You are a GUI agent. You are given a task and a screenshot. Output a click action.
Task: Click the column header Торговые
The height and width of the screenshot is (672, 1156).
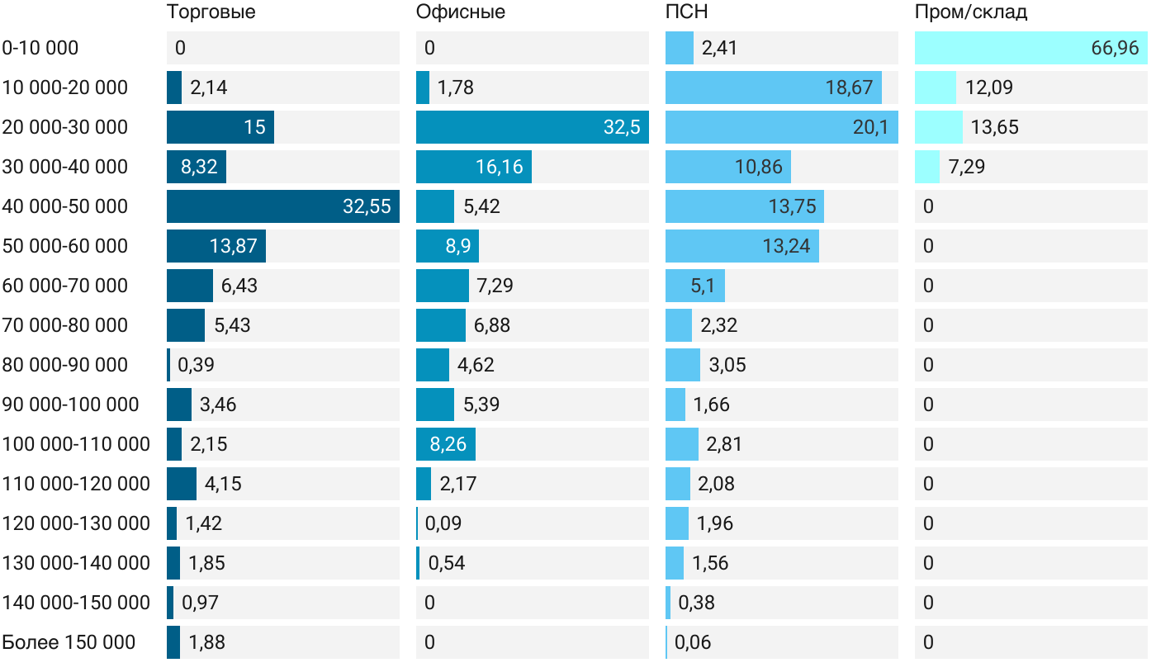pos(211,12)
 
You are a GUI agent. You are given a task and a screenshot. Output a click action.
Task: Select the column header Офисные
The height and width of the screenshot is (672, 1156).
pos(460,12)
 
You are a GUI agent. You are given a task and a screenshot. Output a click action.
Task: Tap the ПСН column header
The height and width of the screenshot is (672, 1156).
pos(687,12)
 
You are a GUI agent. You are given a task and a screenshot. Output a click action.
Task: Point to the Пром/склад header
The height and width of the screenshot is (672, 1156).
pos(971,12)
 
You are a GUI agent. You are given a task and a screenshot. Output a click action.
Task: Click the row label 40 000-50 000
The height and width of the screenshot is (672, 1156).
pos(65,206)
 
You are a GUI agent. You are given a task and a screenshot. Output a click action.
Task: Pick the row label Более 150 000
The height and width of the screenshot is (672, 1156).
pos(69,642)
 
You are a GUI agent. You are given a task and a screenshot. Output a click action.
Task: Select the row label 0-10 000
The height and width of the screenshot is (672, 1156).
pos(40,48)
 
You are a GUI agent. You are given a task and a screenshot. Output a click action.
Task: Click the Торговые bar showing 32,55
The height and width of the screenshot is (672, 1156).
pos(282,206)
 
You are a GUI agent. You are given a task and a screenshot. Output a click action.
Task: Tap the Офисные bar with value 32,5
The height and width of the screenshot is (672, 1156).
pos(532,127)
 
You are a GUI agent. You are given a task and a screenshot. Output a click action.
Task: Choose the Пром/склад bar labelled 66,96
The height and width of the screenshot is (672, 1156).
pos(1030,48)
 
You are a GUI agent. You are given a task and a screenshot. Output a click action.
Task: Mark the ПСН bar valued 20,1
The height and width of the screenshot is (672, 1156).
pos(781,127)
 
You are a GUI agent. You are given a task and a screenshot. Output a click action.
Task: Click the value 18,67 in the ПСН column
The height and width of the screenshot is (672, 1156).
pos(848,88)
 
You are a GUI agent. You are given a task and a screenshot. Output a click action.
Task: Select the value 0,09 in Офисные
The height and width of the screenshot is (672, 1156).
pos(443,523)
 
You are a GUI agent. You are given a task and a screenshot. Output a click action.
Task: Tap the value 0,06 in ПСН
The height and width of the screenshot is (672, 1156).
pos(693,642)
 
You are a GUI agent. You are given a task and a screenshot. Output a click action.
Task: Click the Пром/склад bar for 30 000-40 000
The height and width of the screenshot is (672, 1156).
pos(927,167)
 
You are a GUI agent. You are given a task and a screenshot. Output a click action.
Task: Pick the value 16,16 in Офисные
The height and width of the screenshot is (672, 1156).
pos(499,167)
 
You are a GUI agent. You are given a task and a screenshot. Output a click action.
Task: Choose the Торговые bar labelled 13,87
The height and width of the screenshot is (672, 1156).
pos(216,246)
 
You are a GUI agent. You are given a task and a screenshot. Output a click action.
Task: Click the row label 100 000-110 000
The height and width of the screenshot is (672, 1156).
pos(76,444)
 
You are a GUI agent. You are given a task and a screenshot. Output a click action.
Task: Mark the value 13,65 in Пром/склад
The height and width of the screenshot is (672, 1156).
pos(994,127)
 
